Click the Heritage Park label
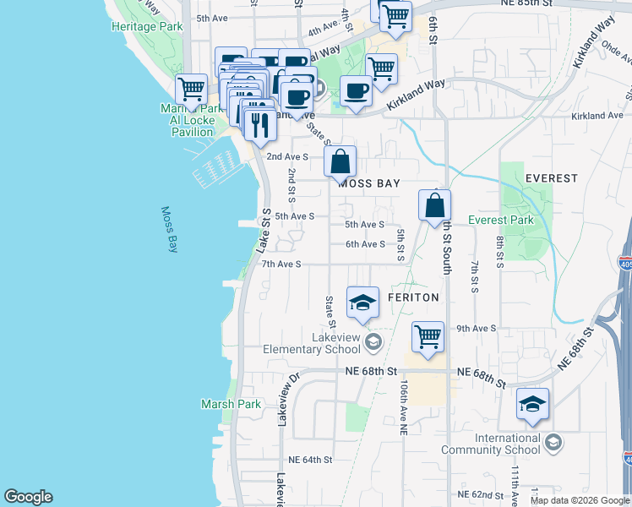pos(147,26)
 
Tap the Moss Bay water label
pos(170,230)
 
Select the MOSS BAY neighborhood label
pos(368,183)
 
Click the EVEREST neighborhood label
pos(551,178)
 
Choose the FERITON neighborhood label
pos(413,298)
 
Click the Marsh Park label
pos(231,404)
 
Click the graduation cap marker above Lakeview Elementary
pos(362,303)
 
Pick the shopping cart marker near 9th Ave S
pos(428,335)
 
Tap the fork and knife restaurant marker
pos(259,123)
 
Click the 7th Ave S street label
pos(281,264)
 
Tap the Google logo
pos(28,497)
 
